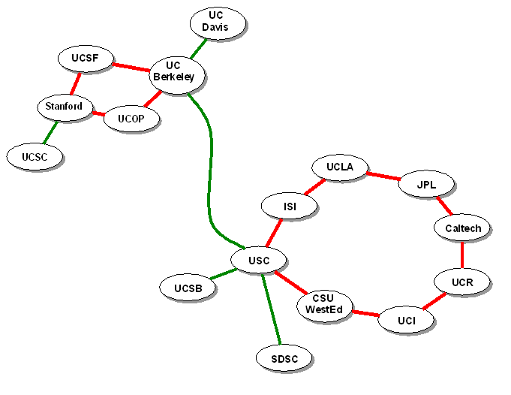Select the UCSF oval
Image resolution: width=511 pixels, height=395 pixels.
[86, 58]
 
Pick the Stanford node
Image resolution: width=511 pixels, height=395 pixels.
[65, 107]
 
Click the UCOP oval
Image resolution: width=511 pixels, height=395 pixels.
[131, 119]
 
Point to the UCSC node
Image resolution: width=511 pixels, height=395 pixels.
[35, 157]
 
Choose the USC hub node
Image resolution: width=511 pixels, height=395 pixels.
[260, 261]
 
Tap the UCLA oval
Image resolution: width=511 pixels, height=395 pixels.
[340, 167]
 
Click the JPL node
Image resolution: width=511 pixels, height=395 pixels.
[426, 184]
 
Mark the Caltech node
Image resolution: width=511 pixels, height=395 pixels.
[462, 228]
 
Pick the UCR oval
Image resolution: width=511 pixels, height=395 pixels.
[462, 282]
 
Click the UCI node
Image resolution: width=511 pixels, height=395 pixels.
[406, 321]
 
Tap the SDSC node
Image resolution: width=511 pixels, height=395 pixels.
[284, 359]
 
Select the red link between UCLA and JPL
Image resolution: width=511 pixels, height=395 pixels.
[383, 176]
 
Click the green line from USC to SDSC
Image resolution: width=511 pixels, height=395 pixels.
[272, 312]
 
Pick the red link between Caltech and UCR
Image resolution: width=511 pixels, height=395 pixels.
[462, 255]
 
